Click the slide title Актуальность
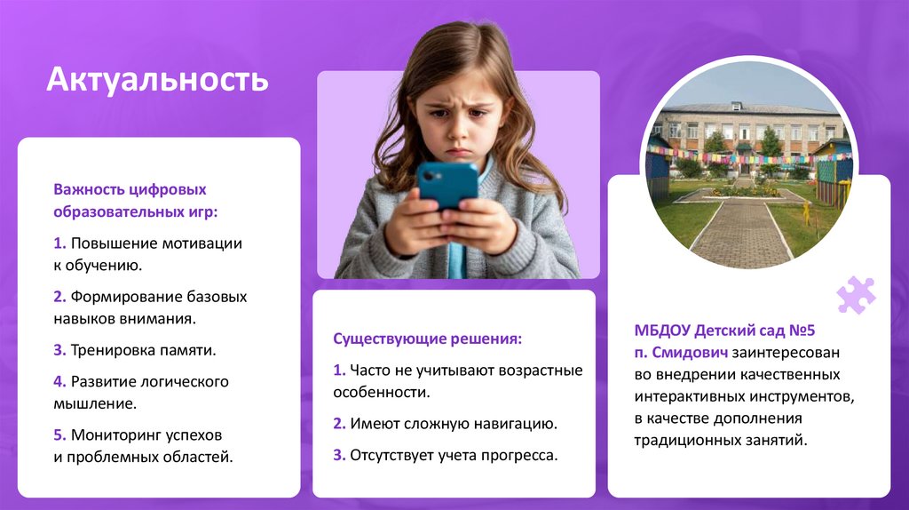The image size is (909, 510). tap(157, 79)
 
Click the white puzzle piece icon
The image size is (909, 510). tap(856, 295)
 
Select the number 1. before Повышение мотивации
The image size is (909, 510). tap(59, 243)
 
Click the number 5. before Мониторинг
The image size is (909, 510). tap(59, 435)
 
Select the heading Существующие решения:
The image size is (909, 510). tap(427, 339)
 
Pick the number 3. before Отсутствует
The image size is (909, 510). tap(339, 455)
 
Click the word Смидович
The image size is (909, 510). tap(691, 352)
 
